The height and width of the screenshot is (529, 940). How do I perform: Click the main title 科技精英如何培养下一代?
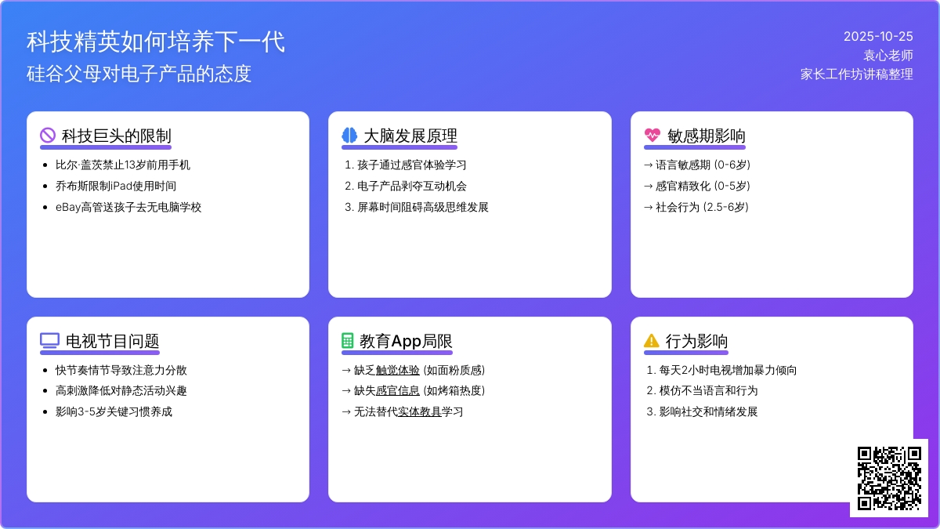(x=155, y=42)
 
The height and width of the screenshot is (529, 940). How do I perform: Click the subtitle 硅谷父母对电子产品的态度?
(x=139, y=74)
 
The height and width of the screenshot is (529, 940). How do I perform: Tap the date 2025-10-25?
(x=878, y=36)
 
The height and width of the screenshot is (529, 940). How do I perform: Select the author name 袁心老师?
(x=888, y=55)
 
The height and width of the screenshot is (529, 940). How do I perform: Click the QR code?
(x=888, y=477)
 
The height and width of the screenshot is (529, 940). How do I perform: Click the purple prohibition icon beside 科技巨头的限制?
(x=48, y=136)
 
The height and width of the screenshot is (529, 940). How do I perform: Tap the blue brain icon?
(x=349, y=136)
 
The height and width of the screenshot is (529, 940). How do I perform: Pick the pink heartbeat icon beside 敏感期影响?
(x=652, y=136)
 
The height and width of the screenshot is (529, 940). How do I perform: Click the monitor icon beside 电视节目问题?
(x=49, y=341)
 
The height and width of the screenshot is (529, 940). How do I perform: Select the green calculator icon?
(x=348, y=341)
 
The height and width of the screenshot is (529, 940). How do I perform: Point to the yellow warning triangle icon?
(x=652, y=341)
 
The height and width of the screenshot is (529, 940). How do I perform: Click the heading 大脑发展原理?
(x=410, y=136)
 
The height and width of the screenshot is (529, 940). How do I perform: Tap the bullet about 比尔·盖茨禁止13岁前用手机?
(x=122, y=165)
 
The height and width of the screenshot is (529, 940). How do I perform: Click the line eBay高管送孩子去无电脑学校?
(x=128, y=207)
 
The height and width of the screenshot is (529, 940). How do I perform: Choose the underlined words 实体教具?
(x=420, y=411)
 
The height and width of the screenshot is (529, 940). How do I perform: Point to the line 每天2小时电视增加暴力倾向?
(x=722, y=370)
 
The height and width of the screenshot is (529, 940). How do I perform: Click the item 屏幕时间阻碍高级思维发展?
(x=423, y=207)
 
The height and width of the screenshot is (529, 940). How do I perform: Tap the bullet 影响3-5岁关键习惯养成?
(x=114, y=411)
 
